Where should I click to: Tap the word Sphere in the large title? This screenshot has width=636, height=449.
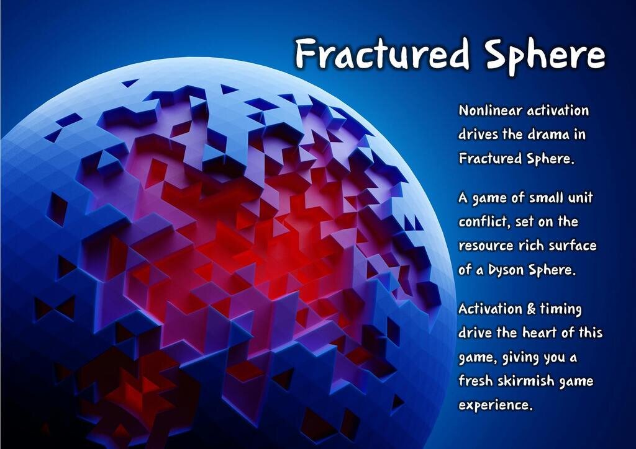coord(543,55)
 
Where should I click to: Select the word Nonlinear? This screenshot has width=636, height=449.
coord(490,111)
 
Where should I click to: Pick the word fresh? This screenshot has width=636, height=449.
coord(476,380)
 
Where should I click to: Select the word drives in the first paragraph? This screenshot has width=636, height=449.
coord(478,135)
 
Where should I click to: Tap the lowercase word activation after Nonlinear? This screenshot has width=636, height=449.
coord(558,111)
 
